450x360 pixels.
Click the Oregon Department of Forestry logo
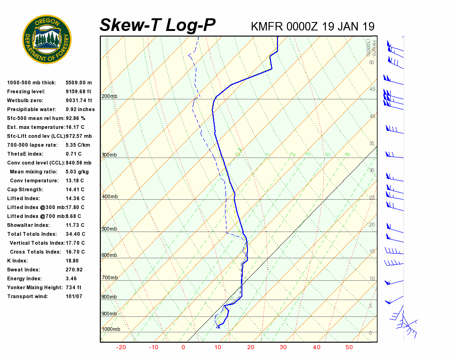coord(47,39)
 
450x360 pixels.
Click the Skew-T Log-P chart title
coord(157,25)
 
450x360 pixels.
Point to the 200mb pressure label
coord(109,97)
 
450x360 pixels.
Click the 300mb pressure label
coord(109,155)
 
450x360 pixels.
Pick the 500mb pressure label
coord(109,229)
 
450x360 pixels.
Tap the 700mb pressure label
coord(109,278)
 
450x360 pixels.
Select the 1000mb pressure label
coord(111,330)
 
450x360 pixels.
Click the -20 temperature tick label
coord(121,347)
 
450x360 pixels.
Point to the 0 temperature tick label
coord(183,347)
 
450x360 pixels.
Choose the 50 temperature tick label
coord(349,347)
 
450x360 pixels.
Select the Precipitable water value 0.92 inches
coord(80,109)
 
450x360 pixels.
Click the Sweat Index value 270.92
coord(74,270)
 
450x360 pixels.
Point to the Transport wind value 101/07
coord(74,296)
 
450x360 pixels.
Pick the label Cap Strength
coord(25,189)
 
